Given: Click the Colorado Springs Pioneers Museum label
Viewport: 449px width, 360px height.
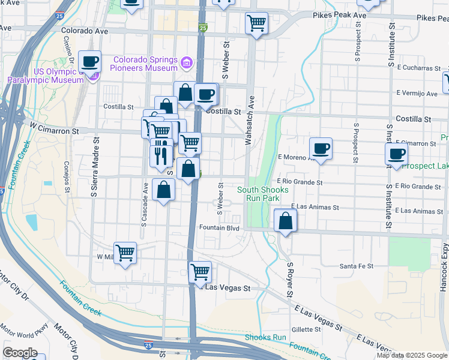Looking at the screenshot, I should [146, 64].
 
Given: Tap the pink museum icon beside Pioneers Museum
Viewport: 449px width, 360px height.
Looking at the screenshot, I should [187, 62].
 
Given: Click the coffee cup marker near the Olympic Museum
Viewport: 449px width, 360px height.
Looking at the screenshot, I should [90, 61].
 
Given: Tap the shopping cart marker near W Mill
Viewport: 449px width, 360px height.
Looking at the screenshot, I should [125, 253].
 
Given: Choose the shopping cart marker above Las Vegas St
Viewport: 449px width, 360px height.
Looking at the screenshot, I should [200, 272].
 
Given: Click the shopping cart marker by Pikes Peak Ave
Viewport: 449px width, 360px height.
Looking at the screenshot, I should [257, 23].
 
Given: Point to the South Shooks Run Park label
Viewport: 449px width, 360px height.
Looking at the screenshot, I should [263, 194].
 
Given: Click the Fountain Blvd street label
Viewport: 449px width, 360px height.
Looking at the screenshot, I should [219, 228].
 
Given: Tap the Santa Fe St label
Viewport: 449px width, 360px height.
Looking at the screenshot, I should [357, 266].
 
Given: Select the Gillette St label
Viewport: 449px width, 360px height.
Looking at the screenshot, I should [306, 329].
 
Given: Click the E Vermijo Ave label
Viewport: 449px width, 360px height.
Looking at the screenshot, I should [417, 94].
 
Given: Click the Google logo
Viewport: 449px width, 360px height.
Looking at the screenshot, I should [20, 352].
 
